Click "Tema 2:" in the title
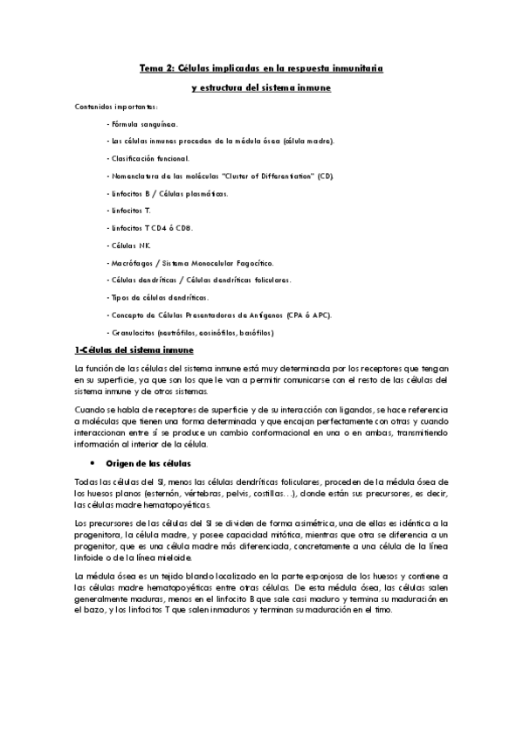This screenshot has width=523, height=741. point(158,66)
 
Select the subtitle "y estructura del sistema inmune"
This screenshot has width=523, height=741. point(261,87)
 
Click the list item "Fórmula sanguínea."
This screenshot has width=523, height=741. point(142,124)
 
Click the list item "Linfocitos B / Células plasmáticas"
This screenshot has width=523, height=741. point(167,193)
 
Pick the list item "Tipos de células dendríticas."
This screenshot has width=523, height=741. point(159,297)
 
